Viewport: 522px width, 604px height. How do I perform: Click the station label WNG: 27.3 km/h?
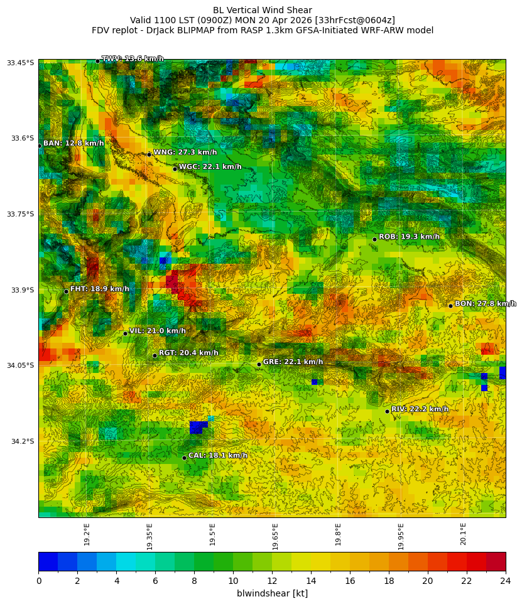tap(185, 153)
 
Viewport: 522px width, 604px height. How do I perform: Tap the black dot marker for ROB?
tap(374, 239)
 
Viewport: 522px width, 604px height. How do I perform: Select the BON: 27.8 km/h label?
tap(485, 304)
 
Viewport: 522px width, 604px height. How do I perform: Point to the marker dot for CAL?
tap(184, 458)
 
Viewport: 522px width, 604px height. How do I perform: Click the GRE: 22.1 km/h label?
tap(293, 362)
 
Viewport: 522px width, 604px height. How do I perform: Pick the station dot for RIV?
tap(387, 411)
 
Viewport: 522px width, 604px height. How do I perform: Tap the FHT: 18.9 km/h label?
tap(99, 289)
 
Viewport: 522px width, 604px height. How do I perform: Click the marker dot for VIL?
tap(125, 333)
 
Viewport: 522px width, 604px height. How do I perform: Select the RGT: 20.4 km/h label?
tap(188, 353)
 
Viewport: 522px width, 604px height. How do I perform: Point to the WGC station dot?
tap(175, 169)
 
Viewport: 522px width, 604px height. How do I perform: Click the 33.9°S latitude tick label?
tap(22, 290)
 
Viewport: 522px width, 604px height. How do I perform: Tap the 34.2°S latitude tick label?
tap(22, 441)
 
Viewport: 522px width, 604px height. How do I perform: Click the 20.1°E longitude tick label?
tap(464, 534)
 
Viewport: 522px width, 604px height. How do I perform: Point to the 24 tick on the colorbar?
tap(505, 581)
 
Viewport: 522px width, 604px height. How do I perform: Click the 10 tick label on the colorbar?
tap(233, 581)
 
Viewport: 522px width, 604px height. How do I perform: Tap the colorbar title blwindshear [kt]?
tap(272, 593)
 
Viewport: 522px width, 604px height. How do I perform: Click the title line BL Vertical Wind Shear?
tap(262, 10)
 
